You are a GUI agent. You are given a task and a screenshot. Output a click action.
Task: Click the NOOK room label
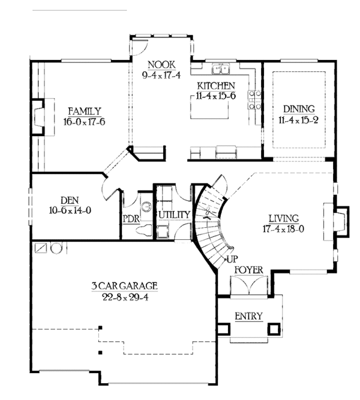point(161,65)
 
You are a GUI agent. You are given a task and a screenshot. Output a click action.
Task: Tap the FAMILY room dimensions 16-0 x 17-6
point(84,122)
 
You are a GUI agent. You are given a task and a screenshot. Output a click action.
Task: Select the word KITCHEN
point(216,86)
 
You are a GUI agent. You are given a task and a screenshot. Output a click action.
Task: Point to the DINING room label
point(299,109)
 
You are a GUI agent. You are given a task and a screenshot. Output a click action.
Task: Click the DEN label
point(70,200)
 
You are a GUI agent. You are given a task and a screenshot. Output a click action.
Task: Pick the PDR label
point(131,219)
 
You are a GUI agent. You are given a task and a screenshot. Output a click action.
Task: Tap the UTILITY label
point(175,215)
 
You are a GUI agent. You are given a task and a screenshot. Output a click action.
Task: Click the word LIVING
point(284,218)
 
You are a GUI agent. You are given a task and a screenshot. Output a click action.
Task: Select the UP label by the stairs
point(232,259)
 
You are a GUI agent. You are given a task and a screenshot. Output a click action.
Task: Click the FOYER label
point(248,270)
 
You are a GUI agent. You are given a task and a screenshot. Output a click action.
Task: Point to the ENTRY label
point(248,316)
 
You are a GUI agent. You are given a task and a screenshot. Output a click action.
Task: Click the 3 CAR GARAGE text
point(125,285)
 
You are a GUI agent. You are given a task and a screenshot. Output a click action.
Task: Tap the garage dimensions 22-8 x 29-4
point(125,297)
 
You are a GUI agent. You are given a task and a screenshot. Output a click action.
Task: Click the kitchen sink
point(220,69)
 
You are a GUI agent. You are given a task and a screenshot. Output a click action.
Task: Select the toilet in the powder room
point(144,231)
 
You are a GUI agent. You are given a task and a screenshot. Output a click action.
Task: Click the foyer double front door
point(249,285)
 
